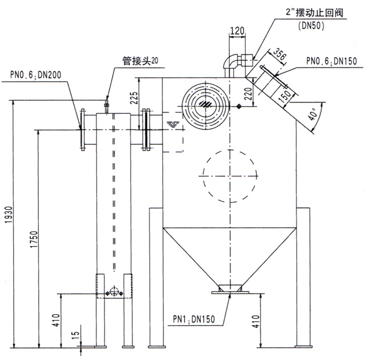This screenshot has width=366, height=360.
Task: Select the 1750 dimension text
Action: (34, 241)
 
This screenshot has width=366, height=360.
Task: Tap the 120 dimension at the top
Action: (237, 30)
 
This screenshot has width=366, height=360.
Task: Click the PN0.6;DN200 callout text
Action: (33, 74)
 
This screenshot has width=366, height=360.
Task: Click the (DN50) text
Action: (312, 26)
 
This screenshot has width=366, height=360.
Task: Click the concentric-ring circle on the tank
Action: (204, 105)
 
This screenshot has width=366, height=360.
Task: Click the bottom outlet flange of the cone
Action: (229, 290)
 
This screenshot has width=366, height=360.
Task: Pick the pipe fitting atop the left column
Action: (106, 105)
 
